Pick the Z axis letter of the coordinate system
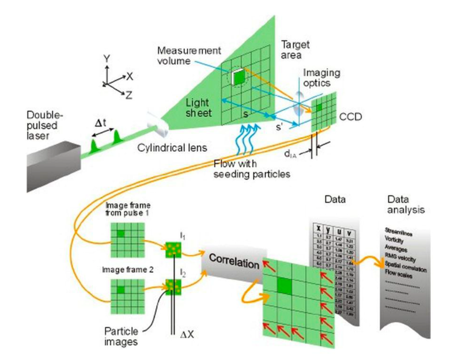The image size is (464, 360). (129, 95)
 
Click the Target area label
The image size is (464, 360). (296, 50)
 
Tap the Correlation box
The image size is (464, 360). (233, 264)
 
